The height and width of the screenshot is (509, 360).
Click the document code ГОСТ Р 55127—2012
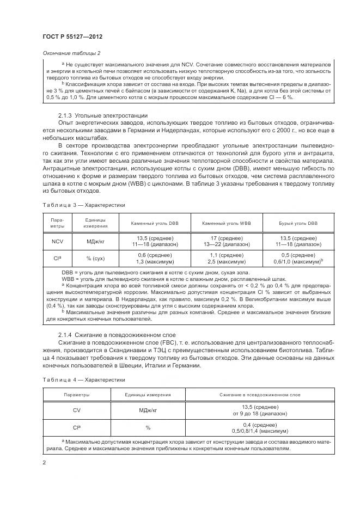[72, 36]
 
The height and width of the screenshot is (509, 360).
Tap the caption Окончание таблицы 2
[71, 53]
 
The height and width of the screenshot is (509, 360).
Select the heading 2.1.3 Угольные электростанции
[94, 115]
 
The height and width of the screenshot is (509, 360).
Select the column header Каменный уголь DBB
[155, 224]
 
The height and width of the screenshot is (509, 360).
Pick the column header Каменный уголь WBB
[227, 224]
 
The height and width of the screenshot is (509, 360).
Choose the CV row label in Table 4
[76, 410]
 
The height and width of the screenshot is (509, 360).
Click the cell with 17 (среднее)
[227, 238]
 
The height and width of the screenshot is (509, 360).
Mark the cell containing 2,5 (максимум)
[227, 262]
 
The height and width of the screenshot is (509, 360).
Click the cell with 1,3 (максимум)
[155, 262]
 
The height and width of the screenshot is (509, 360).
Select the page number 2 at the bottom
[43, 463]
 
